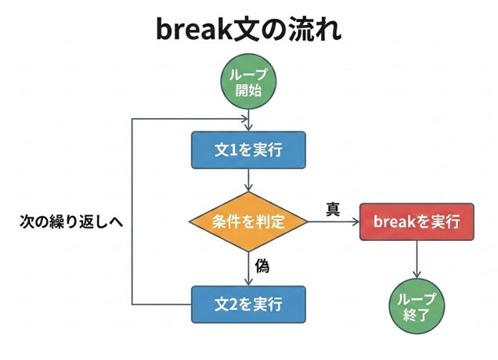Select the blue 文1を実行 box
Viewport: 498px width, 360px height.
pos(248,149)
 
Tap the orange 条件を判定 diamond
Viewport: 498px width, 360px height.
pos(248,221)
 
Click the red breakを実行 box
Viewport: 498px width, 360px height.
pos(417,221)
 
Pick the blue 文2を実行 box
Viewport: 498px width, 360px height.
pos(248,302)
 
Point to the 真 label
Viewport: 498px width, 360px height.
pos(332,209)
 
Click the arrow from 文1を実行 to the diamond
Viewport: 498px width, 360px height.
pos(248,180)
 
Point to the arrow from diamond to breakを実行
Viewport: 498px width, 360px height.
pos(333,222)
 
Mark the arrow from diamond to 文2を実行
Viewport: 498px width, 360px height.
pos(248,268)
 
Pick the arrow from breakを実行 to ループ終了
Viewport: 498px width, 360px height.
pos(417,258)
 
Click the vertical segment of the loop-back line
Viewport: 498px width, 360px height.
pos(132,211)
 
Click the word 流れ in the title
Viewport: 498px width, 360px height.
pos(312,30)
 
